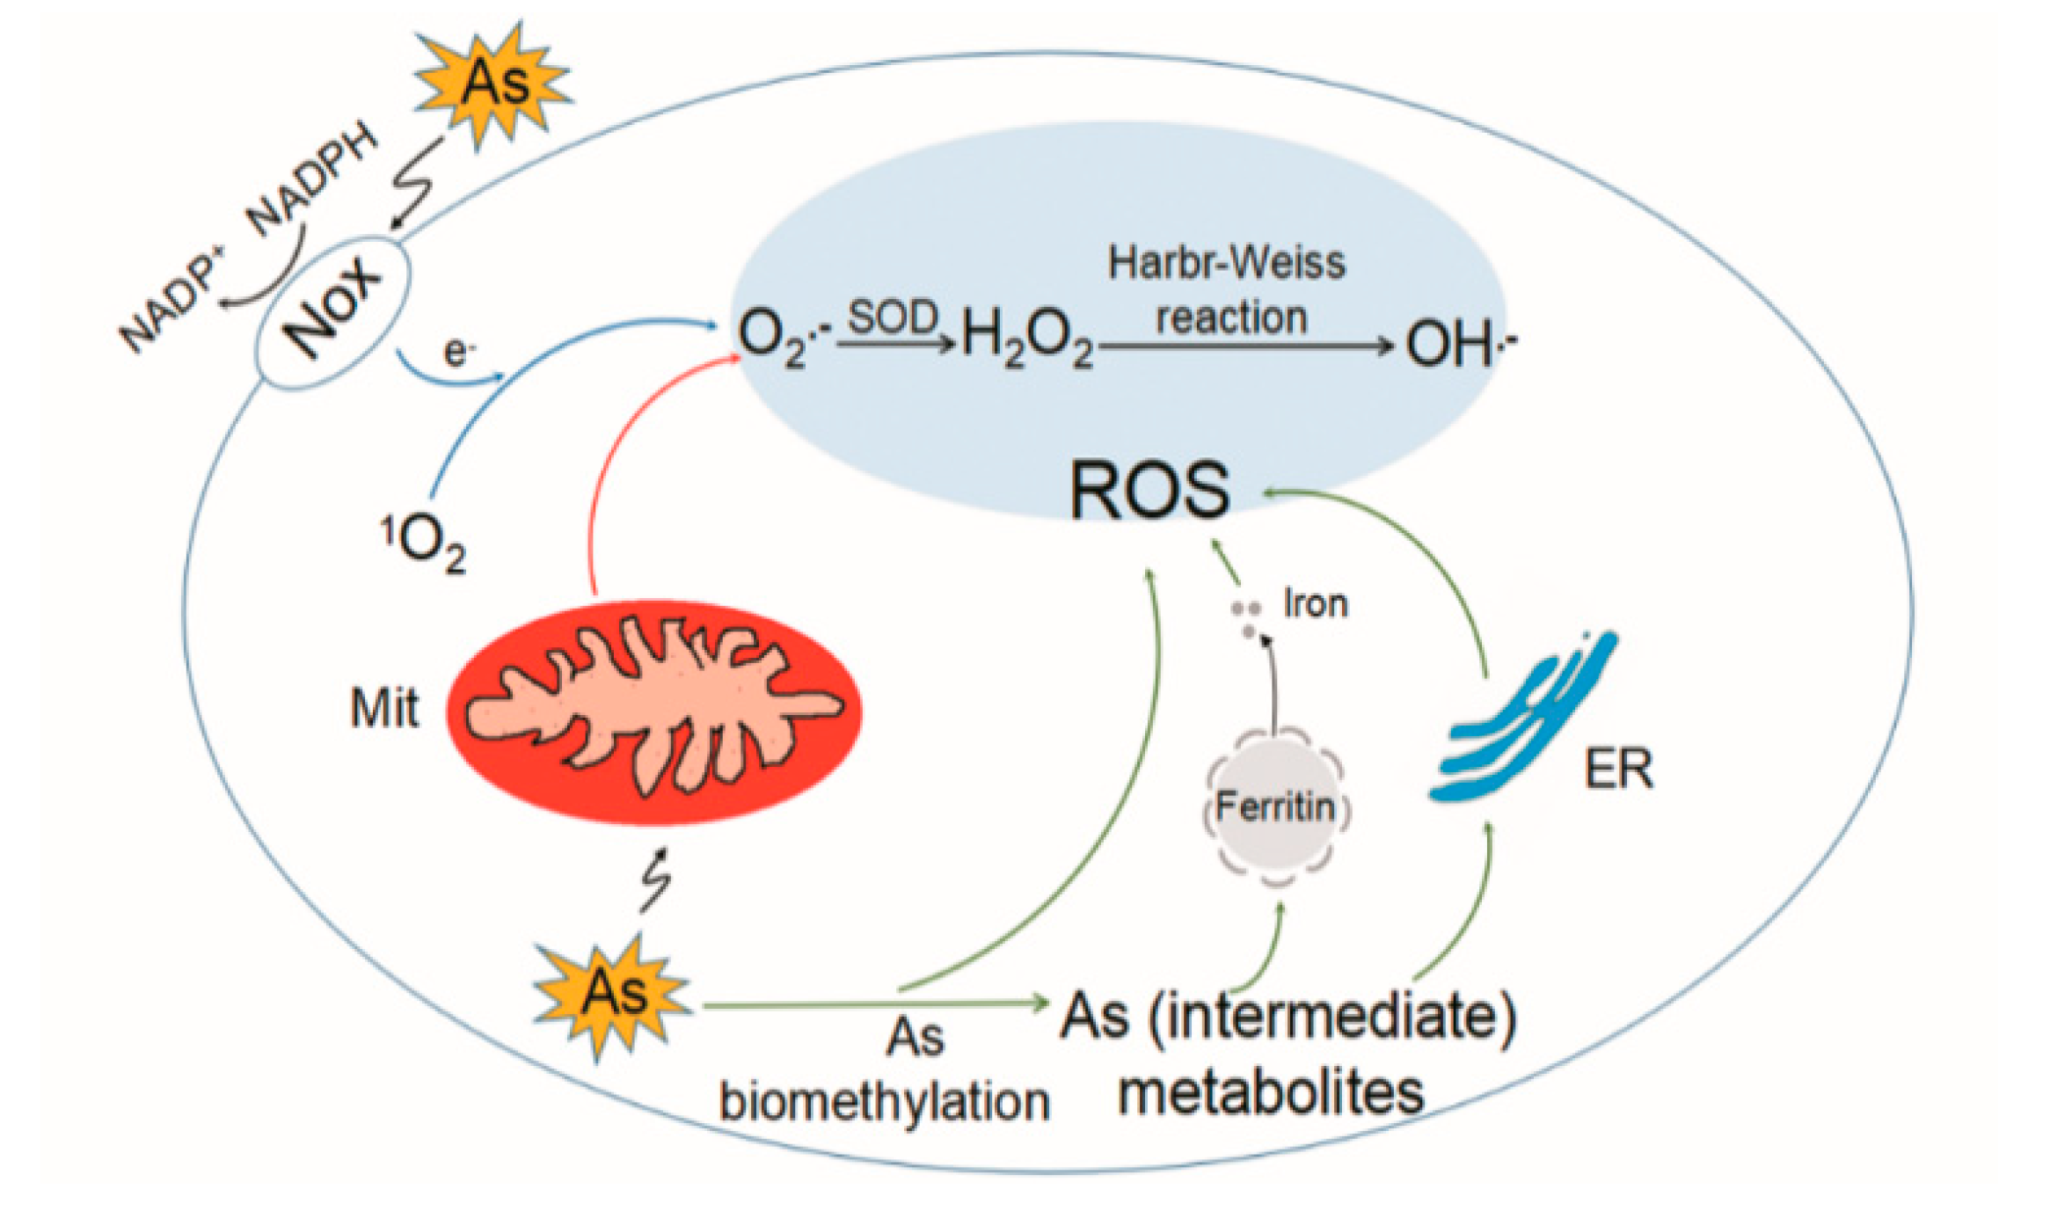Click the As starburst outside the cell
coord(495,84)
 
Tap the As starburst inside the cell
coord(614,995)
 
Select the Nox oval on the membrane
coord(332,313)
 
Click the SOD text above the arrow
coord(893,317)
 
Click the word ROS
coord(1149,491)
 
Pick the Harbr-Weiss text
coord(1226,263)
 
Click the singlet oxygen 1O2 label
coord(423,544)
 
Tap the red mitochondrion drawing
coord(654,712)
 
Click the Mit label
coord(384,708)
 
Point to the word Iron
coord(1316,604)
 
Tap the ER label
coord(1618,770)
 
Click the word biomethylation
coord(884,1101)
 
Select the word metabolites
coord(1270,1093)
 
